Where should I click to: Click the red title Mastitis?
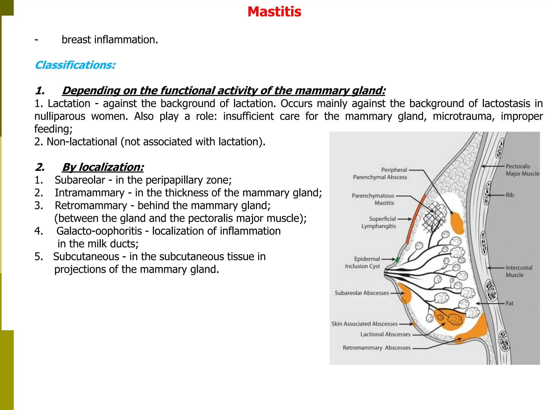[274, 12]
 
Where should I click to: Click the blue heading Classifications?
[75, 65]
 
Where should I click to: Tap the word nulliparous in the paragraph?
[60, 116]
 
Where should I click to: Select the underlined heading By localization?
[103, 167]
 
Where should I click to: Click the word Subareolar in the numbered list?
[80, 180]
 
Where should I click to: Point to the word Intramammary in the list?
[90, 193]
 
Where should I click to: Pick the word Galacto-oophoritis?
[99, 231]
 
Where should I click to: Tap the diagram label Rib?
[510, 195]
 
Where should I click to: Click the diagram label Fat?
[509, 303]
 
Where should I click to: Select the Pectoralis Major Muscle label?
[522, 170]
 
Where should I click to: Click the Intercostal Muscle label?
[518, 271]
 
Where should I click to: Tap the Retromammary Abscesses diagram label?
[376, 348]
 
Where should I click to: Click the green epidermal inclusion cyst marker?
[397, 259]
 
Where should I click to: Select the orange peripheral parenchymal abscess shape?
[457, 223]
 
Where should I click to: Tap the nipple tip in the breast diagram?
[386, 273]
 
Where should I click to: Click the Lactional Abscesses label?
[385, 334]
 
